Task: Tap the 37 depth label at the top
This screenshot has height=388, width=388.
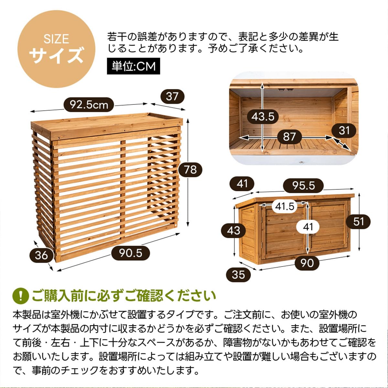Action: click(x=172, y=96)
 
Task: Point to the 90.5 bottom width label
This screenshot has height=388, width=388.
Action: click(x=131, y=253)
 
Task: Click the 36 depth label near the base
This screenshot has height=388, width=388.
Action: click(x=41, y=255)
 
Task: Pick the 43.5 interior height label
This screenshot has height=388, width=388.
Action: click(x=263, y=116)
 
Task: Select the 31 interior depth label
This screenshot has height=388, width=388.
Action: click(x=344, y=131)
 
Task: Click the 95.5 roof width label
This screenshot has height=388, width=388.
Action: click(x=303, y=186)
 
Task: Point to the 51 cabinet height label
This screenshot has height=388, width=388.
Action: click(x=358, y=221)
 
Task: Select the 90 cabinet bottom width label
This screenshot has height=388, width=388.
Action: click(x=307, y=263)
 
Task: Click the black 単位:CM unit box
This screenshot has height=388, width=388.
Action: click(x=134, y=66)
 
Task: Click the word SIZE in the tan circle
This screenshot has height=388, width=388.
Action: click(x=56, y=39)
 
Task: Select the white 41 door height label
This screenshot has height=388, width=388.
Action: click(x=308, y=227)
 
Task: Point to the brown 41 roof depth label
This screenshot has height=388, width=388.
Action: click(x=242, y=184)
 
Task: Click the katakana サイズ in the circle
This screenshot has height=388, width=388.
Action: click(x=56, y=55)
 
